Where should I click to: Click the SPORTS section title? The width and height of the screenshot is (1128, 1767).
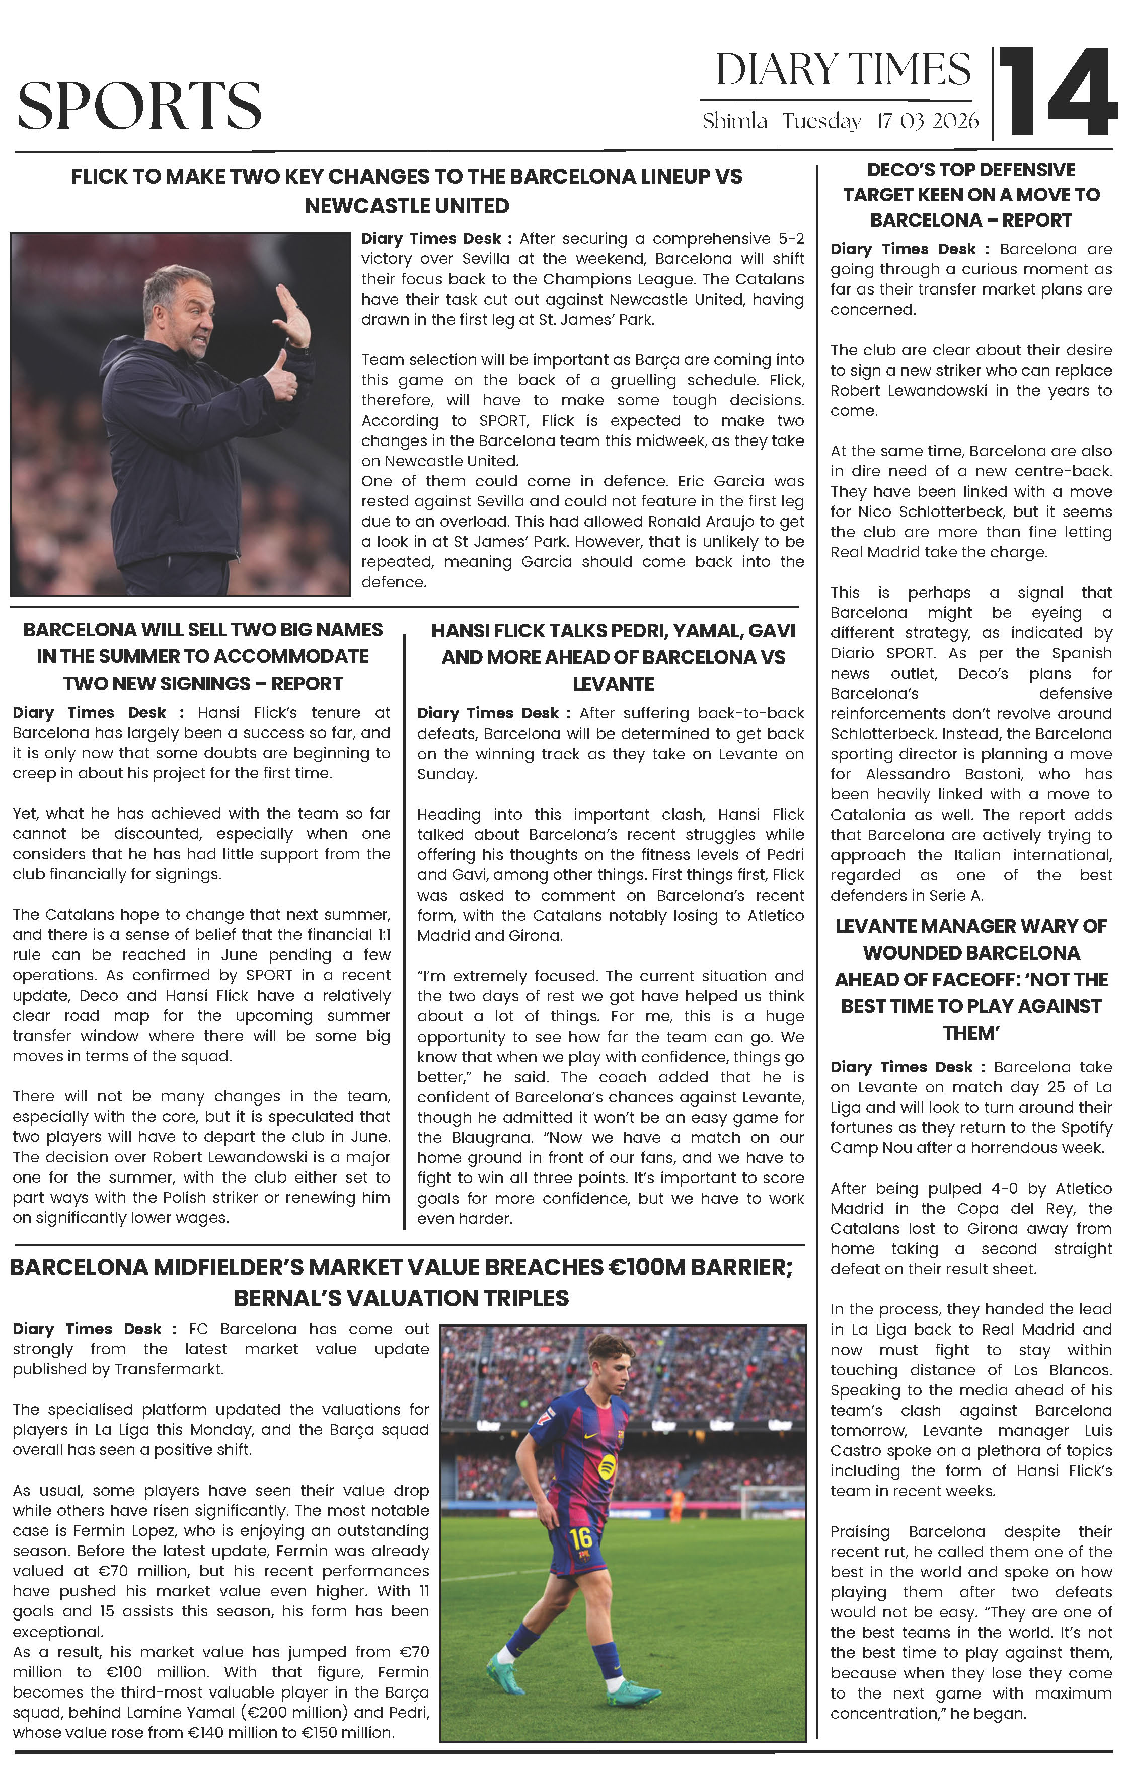pyautogui.click(x=139, y=105)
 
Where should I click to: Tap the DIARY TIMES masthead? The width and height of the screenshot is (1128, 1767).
pyautogui.click(x=843, y=70)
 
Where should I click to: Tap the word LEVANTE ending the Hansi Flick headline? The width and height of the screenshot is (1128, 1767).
pyautogui.click(x=613, y=684)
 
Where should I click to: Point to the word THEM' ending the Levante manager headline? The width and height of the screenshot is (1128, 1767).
pyautogui.click(x=971, y=1033)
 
